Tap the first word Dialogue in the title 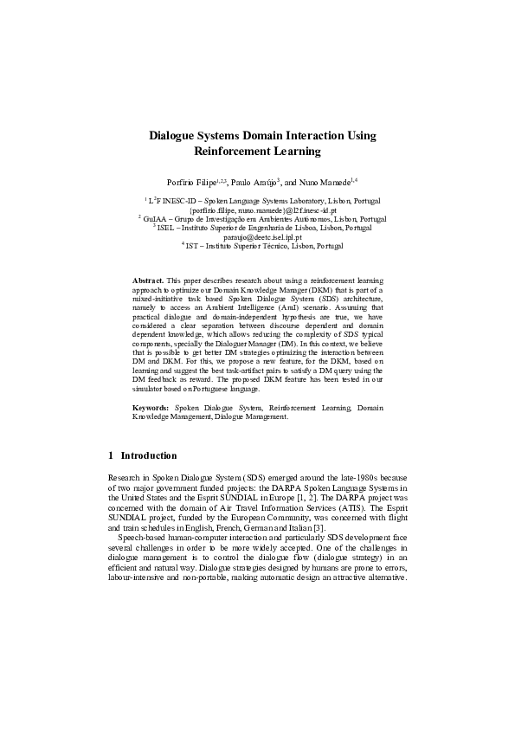[176, 135]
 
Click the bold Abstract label [147, 281]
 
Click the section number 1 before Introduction [111, 455]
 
